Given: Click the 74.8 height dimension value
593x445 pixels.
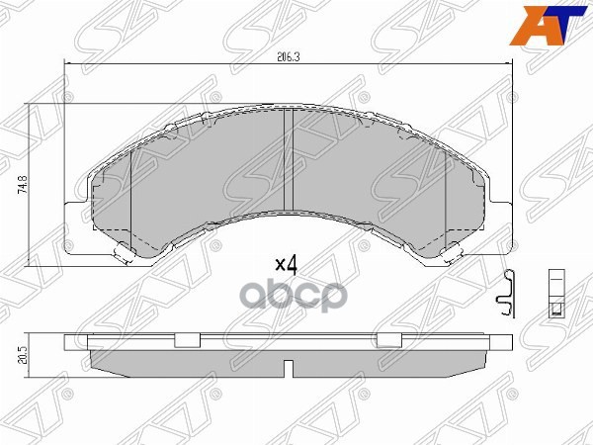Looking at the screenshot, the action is [23, 185].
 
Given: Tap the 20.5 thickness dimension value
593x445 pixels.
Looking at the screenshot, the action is [23, 356].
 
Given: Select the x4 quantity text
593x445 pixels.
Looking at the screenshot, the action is [287, 266].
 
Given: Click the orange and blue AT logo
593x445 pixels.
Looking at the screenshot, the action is [549, 26].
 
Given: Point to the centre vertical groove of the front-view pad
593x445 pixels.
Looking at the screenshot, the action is [289, 160].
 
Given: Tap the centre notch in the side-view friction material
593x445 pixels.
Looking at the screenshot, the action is [289, 369].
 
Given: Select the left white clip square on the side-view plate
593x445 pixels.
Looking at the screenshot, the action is [187, 340].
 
